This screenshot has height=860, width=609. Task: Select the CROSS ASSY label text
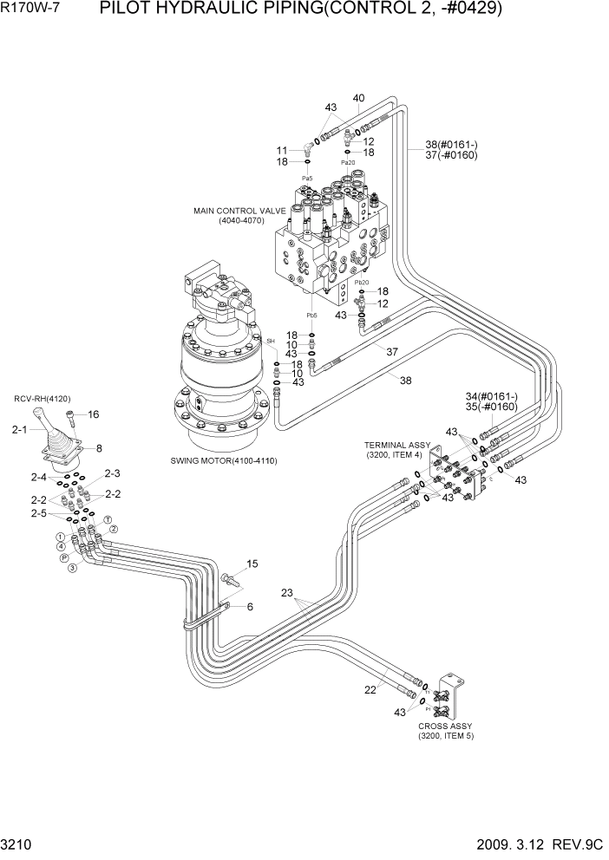point(445,726)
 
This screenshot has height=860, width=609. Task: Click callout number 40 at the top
point(358,97)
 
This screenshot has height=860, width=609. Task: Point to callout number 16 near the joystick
point(93,414)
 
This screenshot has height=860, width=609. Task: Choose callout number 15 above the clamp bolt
point(252,564)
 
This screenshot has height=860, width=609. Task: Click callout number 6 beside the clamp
point(249,607)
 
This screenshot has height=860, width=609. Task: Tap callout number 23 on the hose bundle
point(287,594)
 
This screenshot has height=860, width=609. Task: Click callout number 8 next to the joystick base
point(99,448)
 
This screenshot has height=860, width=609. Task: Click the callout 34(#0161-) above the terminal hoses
point(491,395)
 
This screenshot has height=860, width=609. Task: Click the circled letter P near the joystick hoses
point(64,558)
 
